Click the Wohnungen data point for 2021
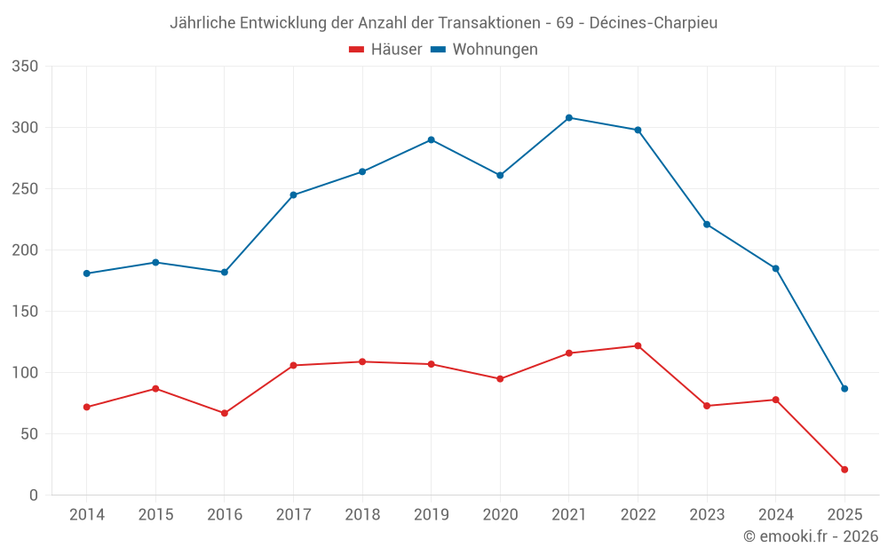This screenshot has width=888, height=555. pyautogui.click(x=569, y=117)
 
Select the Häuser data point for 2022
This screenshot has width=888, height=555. pyautogui.click(x=638, y=345)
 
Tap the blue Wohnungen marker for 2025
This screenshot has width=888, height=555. pyautogui.click(x=844, y=388)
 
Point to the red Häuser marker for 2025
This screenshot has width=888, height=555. pyautogui.click(x=844, y=469)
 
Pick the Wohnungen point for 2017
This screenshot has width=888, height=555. pyautogui.click(x=293, y=194)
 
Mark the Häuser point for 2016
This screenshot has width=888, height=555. pyautogui.click(x=225, y=413)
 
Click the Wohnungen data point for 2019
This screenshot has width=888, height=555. pyautogui.click(x=431, y=139)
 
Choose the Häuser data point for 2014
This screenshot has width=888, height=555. pyautogui.click(x=87, y=407)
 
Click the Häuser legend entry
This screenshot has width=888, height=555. pyautogui.click(x=385, y=50)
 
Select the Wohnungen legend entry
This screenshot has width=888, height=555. pyautogui.click(x=485, y=50)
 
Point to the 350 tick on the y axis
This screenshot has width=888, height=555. pyautogui.click(x=26, y=67)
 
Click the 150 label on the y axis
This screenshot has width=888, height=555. pyautogui.click(x=26, y=312)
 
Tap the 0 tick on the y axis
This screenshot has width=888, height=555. pyautogui.click(x=33, y=496)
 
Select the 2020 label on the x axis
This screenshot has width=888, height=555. pyautogui.click(x=500, y=515)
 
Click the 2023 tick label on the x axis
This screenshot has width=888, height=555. pyautogui.click(x=707, y=515)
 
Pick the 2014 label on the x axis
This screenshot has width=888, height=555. pyautogui.click(x=87, y=515)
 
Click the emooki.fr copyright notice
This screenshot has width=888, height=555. pyautogui.click(x=811, y=536)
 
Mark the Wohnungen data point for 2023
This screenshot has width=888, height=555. pyautogui.click(x=707, y=224)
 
